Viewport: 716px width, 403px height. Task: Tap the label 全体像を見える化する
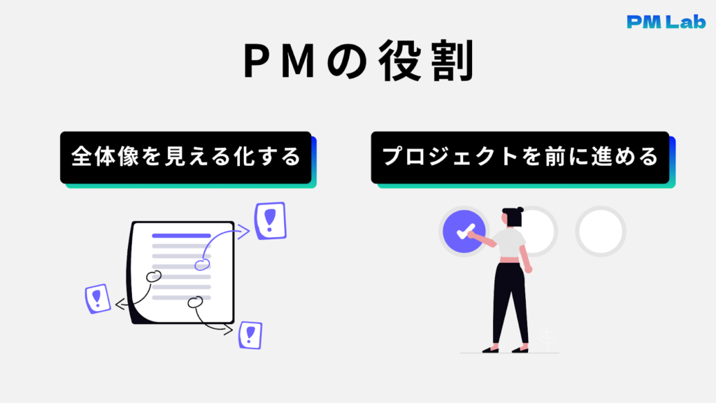pyautogui.click(x=185, y=157)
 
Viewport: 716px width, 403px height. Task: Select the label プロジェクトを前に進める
pyautogui.click(x=520, y=157)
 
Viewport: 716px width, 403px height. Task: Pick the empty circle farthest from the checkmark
pyautogui.click(x=601, y=232)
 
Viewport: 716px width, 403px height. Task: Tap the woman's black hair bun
pyautogui.click(x=514, y=209)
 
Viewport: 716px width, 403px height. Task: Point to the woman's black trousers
pyautogui.click(x=508, y=301)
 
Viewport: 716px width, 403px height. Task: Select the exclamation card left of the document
pyautogui.click(x=97, y=299)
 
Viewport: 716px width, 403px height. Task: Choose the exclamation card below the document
pyautogui.click(x=250, y=335)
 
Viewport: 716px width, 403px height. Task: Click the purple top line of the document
pyautogui.click(x=181, y=236)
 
